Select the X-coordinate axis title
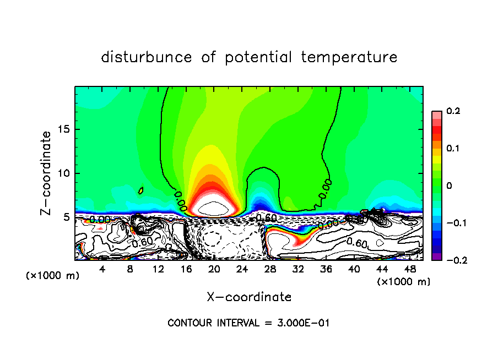click(x=249, y=297)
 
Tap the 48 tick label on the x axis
click(x=410, y=269)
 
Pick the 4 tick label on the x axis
click(x=102, y=269)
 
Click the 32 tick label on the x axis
click(x=298, y=269)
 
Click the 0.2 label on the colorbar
click(x=453, y=111)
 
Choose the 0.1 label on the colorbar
click(x=453, y=149)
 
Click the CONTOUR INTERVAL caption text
click(x=248, y=323)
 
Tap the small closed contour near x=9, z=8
click(x=141, y=190)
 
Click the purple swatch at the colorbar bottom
click(x=436, y=257)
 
